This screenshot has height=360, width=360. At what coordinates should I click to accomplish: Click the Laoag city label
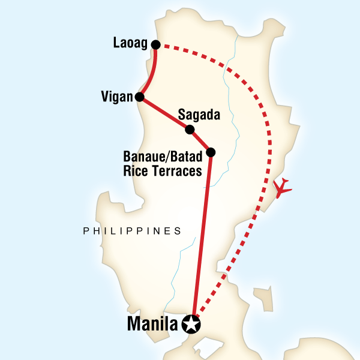click(130, 44)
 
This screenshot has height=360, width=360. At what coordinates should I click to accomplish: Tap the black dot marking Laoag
click(155, 44)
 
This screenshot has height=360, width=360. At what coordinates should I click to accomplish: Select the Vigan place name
click(117, 97)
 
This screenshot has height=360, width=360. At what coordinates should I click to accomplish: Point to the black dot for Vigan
click(139, 97)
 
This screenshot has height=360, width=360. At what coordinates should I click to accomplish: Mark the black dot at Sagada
click(190, 130)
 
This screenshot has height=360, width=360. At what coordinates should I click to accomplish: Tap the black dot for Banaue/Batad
click(210, 152)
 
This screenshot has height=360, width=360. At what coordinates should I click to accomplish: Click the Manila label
click(153, 325)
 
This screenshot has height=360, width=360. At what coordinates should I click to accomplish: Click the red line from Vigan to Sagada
click(165, 113)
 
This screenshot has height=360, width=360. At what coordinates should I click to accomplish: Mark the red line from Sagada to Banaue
click(200, 141)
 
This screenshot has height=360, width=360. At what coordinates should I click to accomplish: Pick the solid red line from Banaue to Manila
click(202, 240)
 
